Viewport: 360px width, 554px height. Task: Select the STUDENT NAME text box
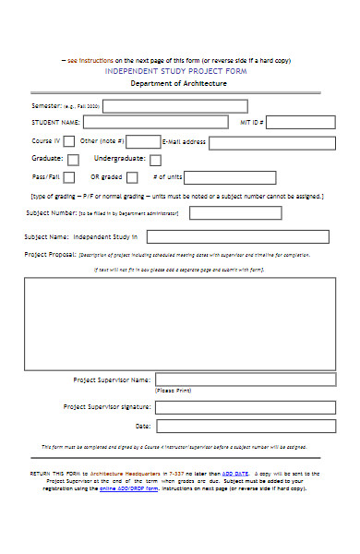pos(155,122)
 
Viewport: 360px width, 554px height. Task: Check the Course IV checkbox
pos(69,141)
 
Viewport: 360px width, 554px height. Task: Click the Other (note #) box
pos(142,141)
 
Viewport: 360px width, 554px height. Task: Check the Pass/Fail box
pos(69,177)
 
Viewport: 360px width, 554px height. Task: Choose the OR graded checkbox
pos(132,177)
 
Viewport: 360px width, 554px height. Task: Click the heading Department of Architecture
pos(178,83)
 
